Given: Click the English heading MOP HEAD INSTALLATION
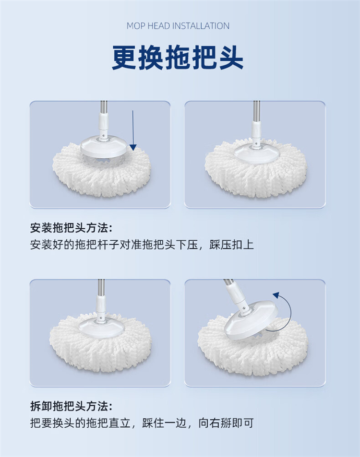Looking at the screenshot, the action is click(x=178, y=26).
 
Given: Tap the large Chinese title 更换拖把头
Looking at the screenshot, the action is click(x=178, y=58).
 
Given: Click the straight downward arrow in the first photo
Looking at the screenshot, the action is click(x=133, y=130).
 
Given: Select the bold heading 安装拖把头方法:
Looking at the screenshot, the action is click(x=71, y=228).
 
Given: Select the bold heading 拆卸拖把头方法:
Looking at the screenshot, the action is click(x=71, y=406).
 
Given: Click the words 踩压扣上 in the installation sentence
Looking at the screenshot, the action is click(x=232, y=245).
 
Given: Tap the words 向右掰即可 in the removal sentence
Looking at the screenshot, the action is click(x=226, y=423).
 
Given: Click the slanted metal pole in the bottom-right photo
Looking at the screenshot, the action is click(x=229, y=283).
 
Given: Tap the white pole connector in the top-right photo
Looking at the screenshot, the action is click(x=256, y=130).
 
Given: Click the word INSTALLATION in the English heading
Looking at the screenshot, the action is click(x=201, y=26).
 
